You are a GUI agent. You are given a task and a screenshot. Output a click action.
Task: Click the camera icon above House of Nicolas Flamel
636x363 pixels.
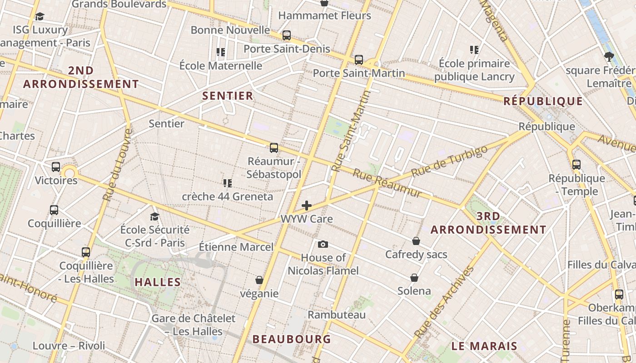coord(323,245)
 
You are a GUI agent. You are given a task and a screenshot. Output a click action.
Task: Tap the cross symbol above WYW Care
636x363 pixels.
coord(307,206)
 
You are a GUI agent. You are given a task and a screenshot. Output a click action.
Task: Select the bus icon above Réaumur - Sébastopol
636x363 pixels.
coord(273,147)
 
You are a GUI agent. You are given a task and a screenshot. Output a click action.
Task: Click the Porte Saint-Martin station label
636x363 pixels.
coord(358,73)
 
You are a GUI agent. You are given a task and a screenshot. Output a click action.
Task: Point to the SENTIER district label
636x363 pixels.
coord(228,96)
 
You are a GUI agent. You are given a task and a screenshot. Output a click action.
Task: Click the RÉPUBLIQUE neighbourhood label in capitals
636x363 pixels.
coord(543,101)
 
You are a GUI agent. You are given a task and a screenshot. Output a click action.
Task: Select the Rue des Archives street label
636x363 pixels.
coord(444,302)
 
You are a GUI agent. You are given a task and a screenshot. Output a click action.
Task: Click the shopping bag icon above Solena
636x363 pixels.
coord(414,277)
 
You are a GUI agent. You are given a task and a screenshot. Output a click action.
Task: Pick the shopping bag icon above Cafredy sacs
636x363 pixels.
coord(416,241)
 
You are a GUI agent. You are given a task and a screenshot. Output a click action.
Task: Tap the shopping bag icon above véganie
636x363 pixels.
coord(259,280)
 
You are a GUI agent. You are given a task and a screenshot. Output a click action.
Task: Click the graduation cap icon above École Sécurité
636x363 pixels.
coord(155,216)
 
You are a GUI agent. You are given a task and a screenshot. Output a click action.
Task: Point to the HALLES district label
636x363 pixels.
coord(158,282)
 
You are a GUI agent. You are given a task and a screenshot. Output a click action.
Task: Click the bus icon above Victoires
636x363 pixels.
coord(56,167)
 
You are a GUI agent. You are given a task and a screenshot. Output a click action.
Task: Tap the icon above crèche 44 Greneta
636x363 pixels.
coord(227,183)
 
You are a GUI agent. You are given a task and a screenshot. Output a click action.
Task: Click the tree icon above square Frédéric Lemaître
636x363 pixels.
coord(609,57)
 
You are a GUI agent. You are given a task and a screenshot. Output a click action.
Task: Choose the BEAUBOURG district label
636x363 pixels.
coord(291,339)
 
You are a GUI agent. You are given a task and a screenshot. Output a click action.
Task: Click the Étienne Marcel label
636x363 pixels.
coord(236,247)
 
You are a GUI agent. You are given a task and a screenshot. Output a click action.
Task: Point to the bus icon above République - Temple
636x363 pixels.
coord(576,165)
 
